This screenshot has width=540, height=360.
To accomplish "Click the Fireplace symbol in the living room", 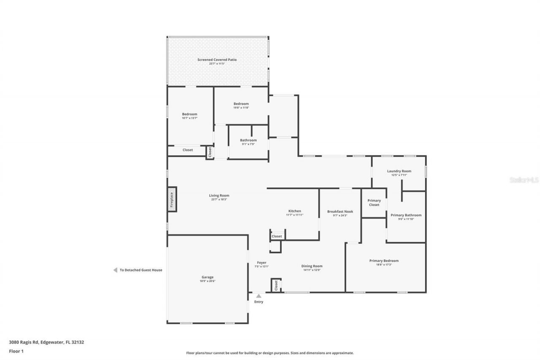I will tap(172, 199).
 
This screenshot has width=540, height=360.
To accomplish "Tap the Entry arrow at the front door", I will tap(259, 296).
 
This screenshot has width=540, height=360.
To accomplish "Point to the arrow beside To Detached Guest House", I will tap(115, 270).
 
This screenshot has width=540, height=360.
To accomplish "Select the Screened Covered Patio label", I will tap(217, 60).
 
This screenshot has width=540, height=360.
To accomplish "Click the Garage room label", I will tap(207, 277).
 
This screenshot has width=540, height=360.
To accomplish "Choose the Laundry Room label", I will tap(399, 171).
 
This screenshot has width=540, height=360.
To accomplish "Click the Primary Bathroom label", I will tap(406, 215).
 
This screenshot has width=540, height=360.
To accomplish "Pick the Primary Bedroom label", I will tap(384, 261).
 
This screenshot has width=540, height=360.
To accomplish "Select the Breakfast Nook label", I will tap(340, 211).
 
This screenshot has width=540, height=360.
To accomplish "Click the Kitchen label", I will tap(294, 211).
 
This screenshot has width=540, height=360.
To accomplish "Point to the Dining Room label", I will tap(312, 266).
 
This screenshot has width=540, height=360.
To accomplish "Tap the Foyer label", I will tap(262, 263).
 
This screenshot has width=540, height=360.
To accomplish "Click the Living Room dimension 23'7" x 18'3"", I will tap(219, 200).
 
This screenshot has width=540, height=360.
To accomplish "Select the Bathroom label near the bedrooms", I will tap(248, 140).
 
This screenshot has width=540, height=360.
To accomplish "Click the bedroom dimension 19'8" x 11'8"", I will tap(241, 108).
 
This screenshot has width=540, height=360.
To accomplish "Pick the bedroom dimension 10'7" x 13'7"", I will tap(189, 118).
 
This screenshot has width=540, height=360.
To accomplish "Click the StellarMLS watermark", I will tap(524, 180).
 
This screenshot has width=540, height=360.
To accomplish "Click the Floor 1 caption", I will tap(16, 351).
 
